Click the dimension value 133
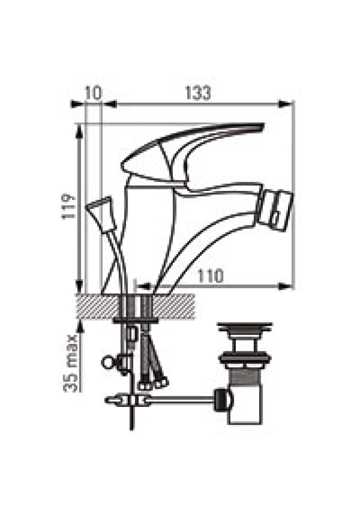(x=198, y=93)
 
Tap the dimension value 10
(x=94, y=93)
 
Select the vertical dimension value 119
(x=69, y=207)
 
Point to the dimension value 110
(x=211, y=276)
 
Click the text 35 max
(x=70, y=363)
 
